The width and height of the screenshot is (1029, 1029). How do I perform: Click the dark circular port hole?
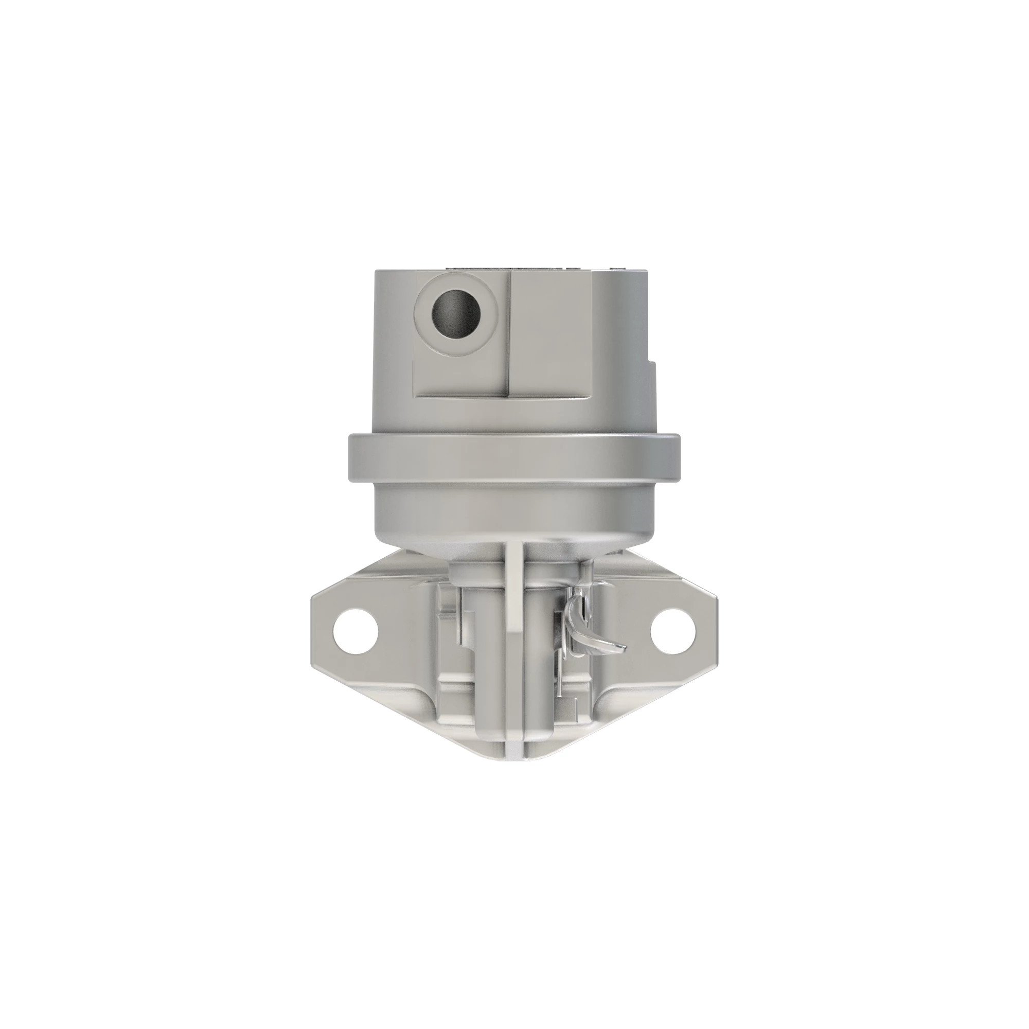click(x=457, y=315)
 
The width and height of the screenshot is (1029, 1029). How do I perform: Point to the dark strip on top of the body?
click(x=511, y=267)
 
